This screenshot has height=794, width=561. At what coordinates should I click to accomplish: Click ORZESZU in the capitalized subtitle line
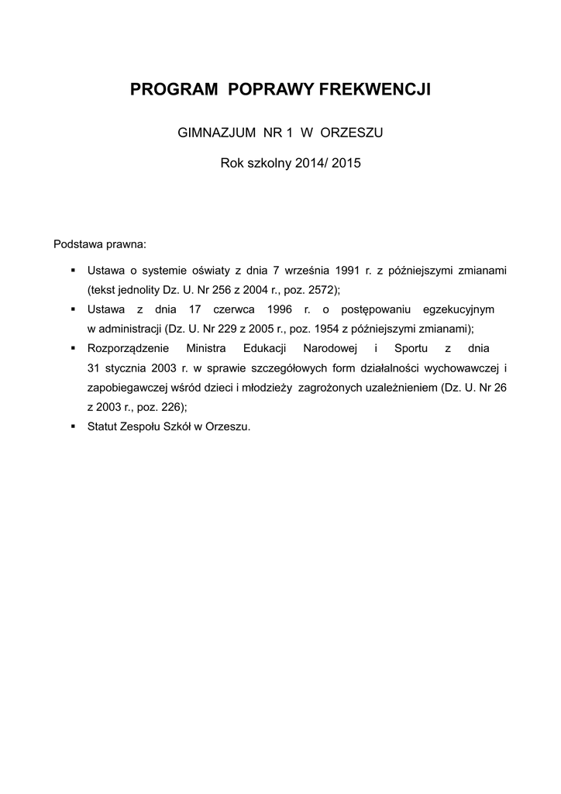(x=352, y=133)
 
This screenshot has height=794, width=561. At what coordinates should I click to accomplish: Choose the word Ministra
(x=206, y=347)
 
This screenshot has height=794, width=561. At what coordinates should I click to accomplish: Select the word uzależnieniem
(x=399, y=386)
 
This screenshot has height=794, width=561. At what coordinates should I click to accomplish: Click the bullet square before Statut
(x=72, y=426)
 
